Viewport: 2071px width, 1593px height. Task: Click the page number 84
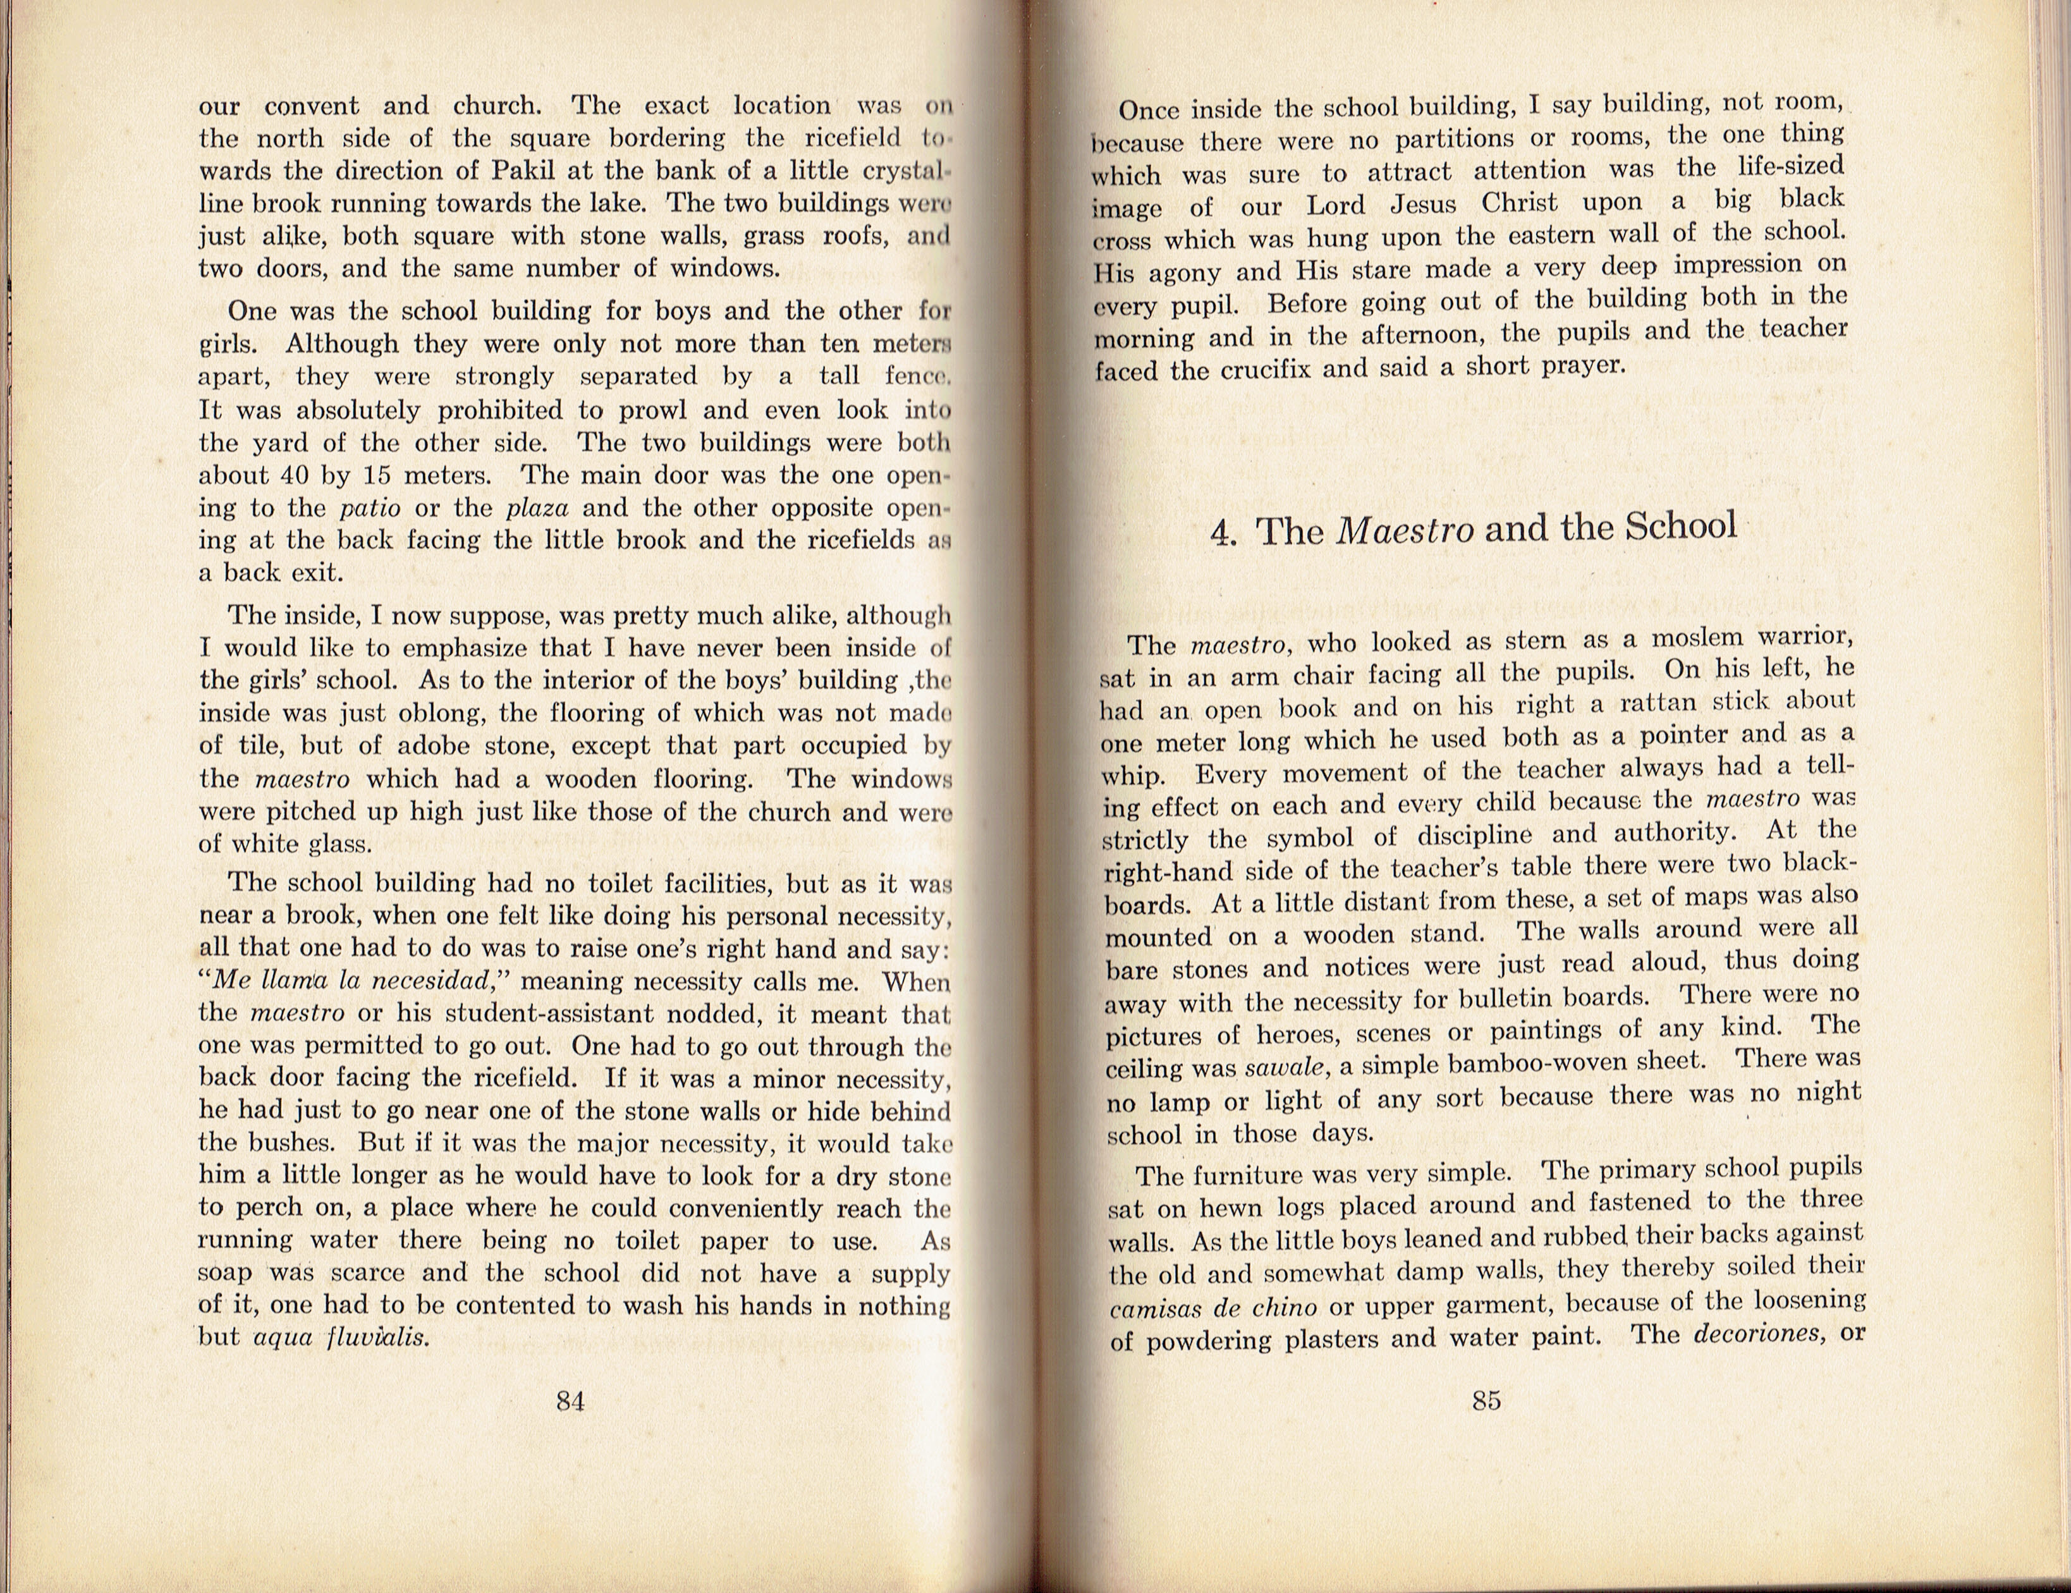[570, 1401]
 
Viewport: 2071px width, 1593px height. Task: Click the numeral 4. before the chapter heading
[1224, 533]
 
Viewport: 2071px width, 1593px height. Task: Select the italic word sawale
[1285, 1068]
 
